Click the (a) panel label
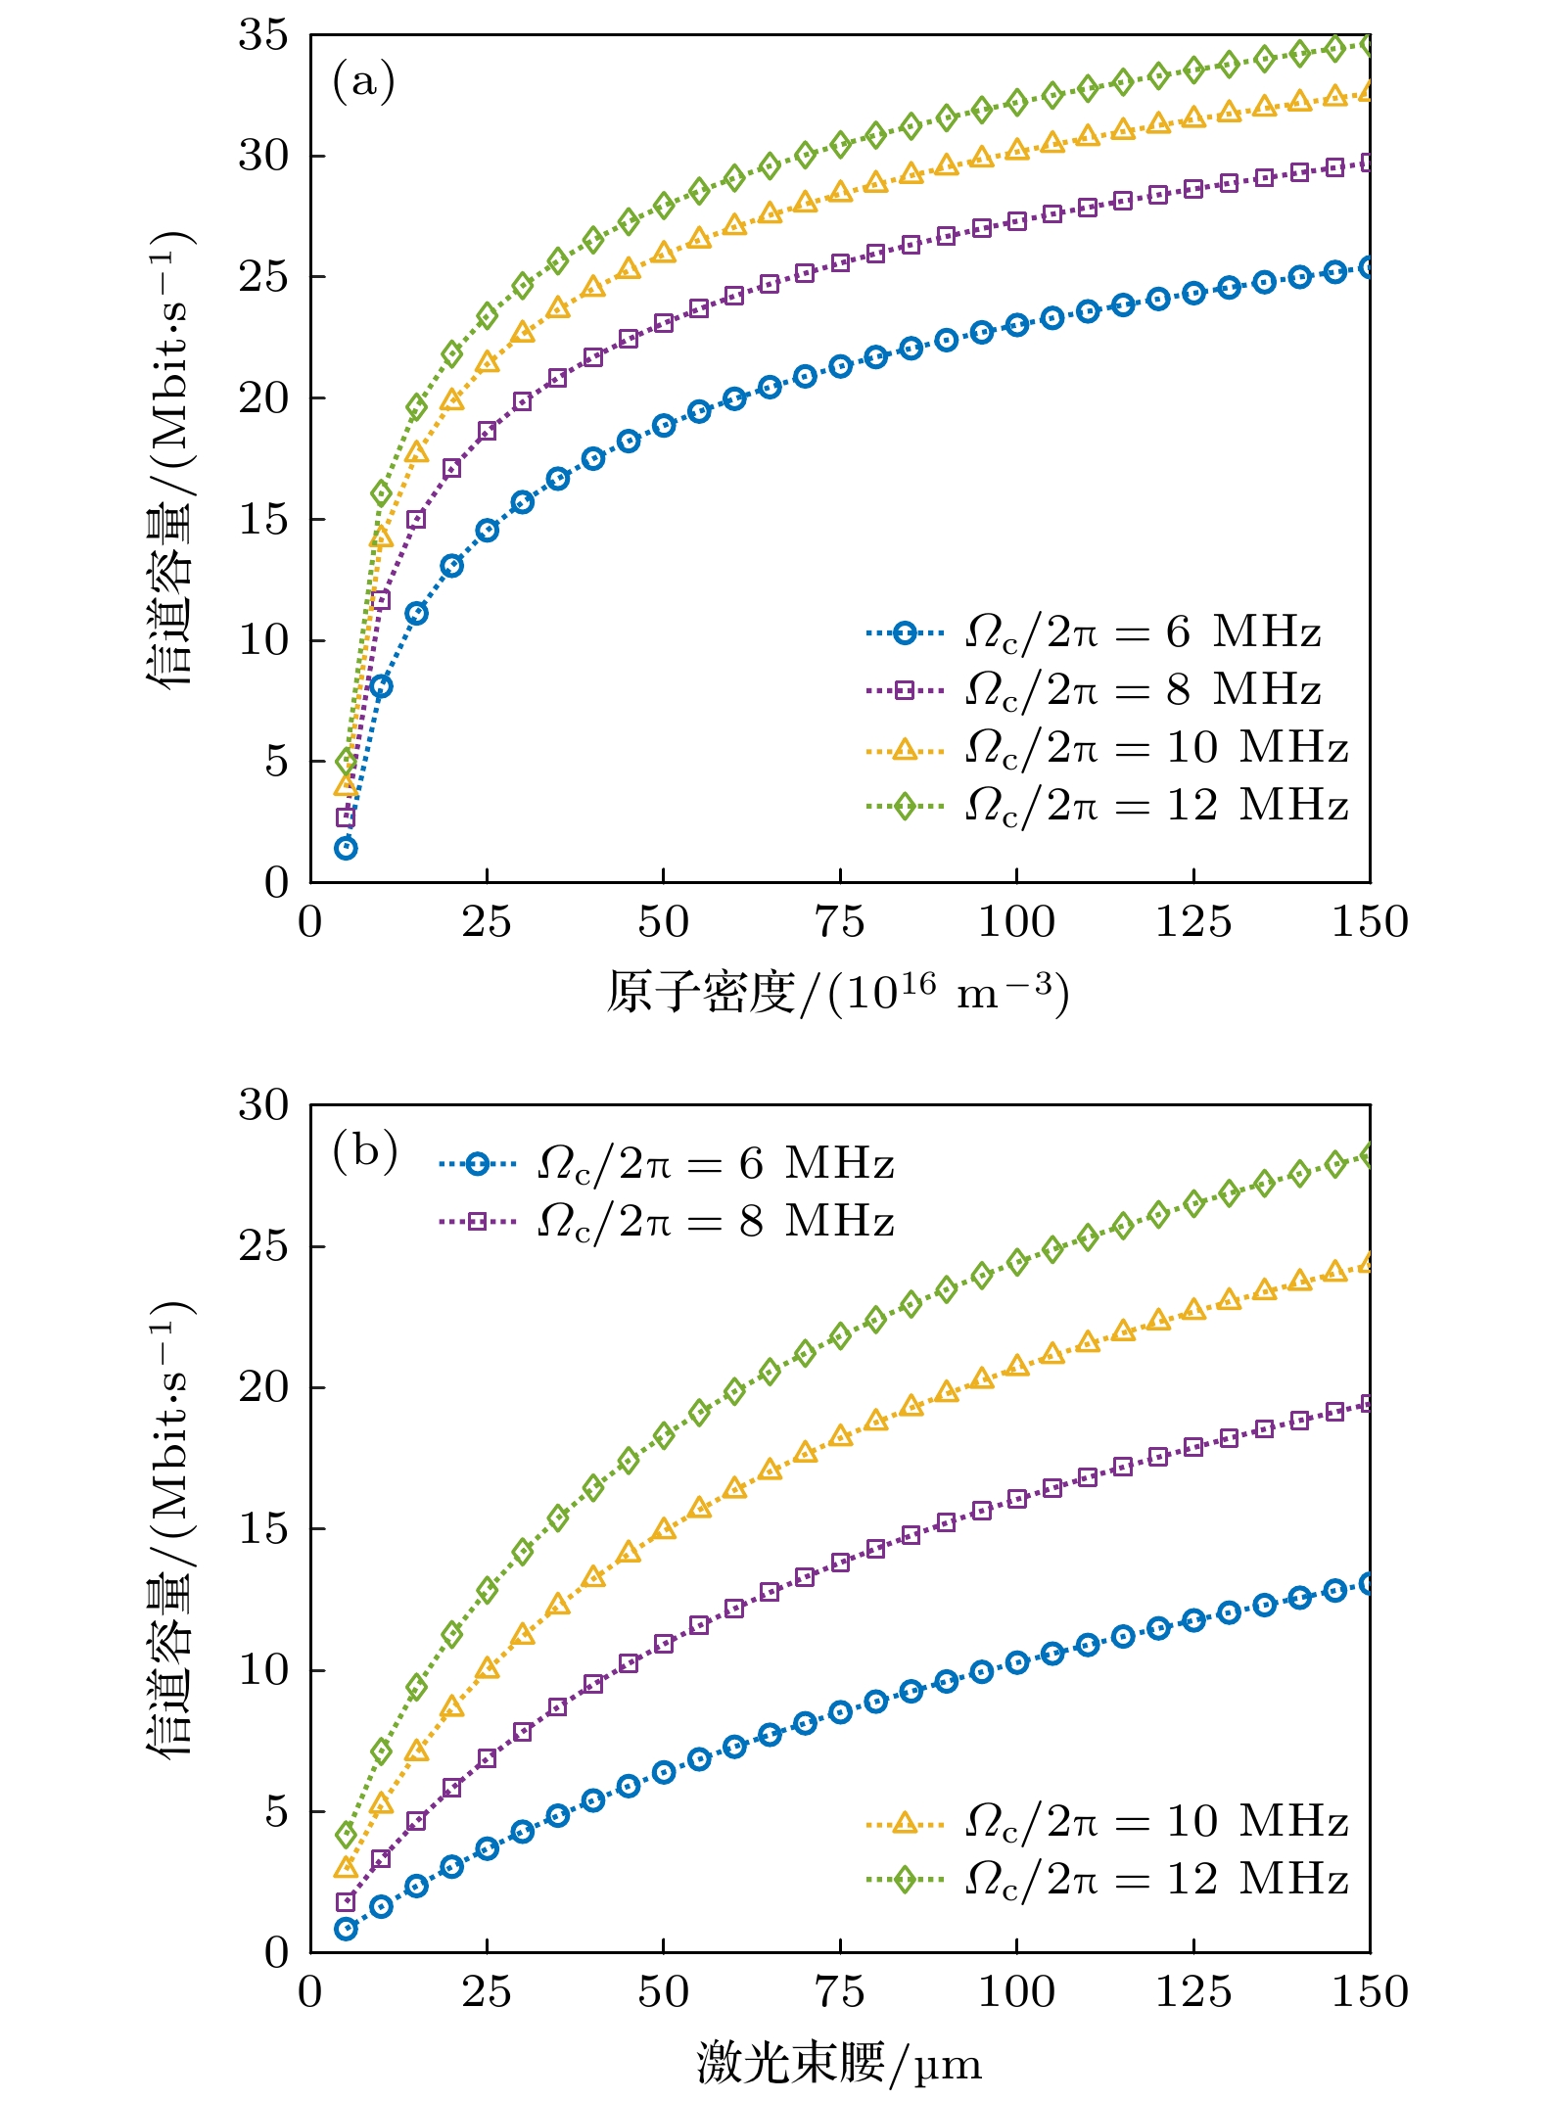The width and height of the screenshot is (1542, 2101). [x=363, y=80]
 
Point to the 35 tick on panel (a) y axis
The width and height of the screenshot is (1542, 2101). [x=263, y=35]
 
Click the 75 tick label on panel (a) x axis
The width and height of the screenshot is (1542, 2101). [x=839, y=922]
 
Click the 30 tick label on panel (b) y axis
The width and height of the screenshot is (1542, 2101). [x=263, y=1105]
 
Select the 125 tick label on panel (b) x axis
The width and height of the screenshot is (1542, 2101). [x=1192, y=1992]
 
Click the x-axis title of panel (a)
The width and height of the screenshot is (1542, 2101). [x=838, y=993]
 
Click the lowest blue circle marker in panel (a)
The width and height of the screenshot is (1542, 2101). [x=346, y=848]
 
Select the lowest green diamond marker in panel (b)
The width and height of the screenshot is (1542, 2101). [x=346, y=1834]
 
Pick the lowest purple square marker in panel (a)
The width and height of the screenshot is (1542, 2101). [x=346, y=817]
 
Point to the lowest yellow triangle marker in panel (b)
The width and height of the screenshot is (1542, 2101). [x=346, y=1868]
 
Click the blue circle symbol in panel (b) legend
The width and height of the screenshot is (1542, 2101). [x=477, y=1164]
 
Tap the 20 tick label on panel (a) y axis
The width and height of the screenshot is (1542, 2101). [x=263, y=398]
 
